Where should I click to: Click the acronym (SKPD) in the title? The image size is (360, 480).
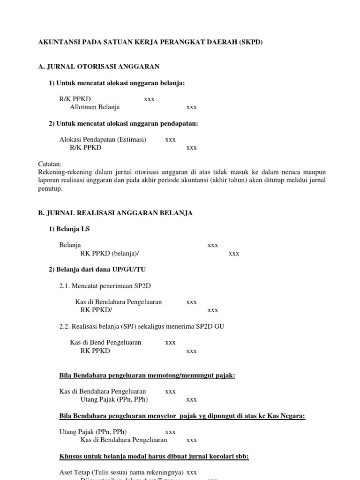251,42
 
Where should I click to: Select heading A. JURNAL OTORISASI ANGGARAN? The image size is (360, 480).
98,67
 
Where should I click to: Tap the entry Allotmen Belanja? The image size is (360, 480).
95,107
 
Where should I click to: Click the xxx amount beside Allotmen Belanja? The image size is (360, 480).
191,107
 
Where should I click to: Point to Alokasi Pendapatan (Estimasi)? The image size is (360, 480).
103,139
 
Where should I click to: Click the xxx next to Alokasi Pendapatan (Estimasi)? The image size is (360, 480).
170,139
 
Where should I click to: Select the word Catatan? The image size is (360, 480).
50,164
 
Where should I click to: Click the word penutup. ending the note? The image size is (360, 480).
50,188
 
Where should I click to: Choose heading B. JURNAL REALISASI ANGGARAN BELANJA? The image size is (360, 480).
115,213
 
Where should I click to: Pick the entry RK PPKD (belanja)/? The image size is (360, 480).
110,254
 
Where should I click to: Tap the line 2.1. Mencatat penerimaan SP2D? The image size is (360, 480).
105,286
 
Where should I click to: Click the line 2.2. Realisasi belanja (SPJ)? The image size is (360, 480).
142,326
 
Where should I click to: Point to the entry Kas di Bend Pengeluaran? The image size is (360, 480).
105,342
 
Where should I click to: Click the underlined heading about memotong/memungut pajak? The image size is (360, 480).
147,375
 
